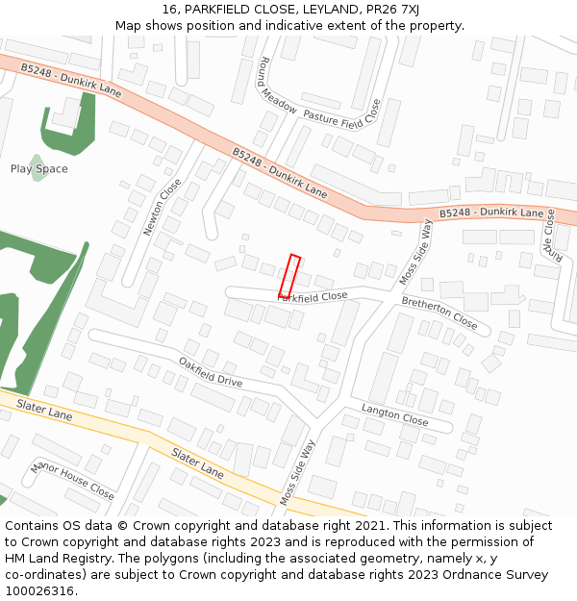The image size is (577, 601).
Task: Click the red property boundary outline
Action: pos(289,276)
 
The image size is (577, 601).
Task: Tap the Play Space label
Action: pos(39,169)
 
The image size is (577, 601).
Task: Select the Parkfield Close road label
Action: pos(313,297)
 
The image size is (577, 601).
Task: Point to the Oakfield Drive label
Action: pos(211,372)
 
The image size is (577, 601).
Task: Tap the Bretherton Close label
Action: pos(439,313)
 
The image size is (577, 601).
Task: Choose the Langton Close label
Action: pos(394,414)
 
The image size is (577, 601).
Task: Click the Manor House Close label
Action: pos(72,480)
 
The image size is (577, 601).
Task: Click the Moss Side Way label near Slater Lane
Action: pos(298,473)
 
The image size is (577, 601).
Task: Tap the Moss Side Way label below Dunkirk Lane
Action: pos(415,253)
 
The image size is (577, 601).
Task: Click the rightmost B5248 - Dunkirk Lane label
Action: pos(491,213)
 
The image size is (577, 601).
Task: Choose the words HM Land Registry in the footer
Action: pos(47,559)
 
